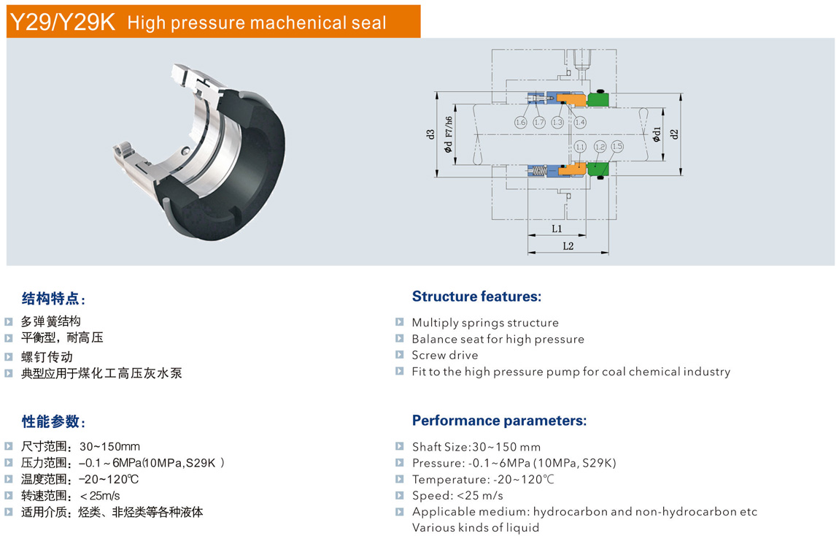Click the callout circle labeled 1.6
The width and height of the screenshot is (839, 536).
(x=520, y=122)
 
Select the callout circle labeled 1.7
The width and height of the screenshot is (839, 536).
(x=539, y=122)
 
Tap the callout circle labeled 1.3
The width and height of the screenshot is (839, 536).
(x=557, y=122)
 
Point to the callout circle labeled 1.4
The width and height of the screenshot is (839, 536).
(x=580, y=122)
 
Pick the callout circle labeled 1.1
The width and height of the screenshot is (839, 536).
(x=580, y=146)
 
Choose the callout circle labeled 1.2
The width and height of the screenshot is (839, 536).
(x=600, y=146)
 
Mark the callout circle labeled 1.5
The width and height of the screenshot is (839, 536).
(x=617, y=145)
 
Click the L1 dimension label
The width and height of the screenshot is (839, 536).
(x=557, y=229)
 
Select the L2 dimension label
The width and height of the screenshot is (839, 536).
(x=568, y=246)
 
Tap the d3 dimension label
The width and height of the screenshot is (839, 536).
(x=430, y=134)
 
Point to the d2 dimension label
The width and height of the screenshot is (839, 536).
(x=674, y=134)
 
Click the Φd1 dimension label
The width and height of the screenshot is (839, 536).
(x=657, y=134)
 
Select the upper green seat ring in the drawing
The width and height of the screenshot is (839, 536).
(x=598, y=99)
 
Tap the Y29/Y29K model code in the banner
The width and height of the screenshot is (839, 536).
(x=63, y=22)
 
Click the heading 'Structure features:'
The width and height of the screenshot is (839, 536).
(x=476, y=296)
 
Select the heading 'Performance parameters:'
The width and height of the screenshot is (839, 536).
(x=499, y=421)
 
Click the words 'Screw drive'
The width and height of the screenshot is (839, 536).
(x=444, y=355)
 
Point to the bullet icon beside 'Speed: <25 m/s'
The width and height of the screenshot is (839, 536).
(x=399, y=495)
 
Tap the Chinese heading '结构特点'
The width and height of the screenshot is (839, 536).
(x=50, y=298)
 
